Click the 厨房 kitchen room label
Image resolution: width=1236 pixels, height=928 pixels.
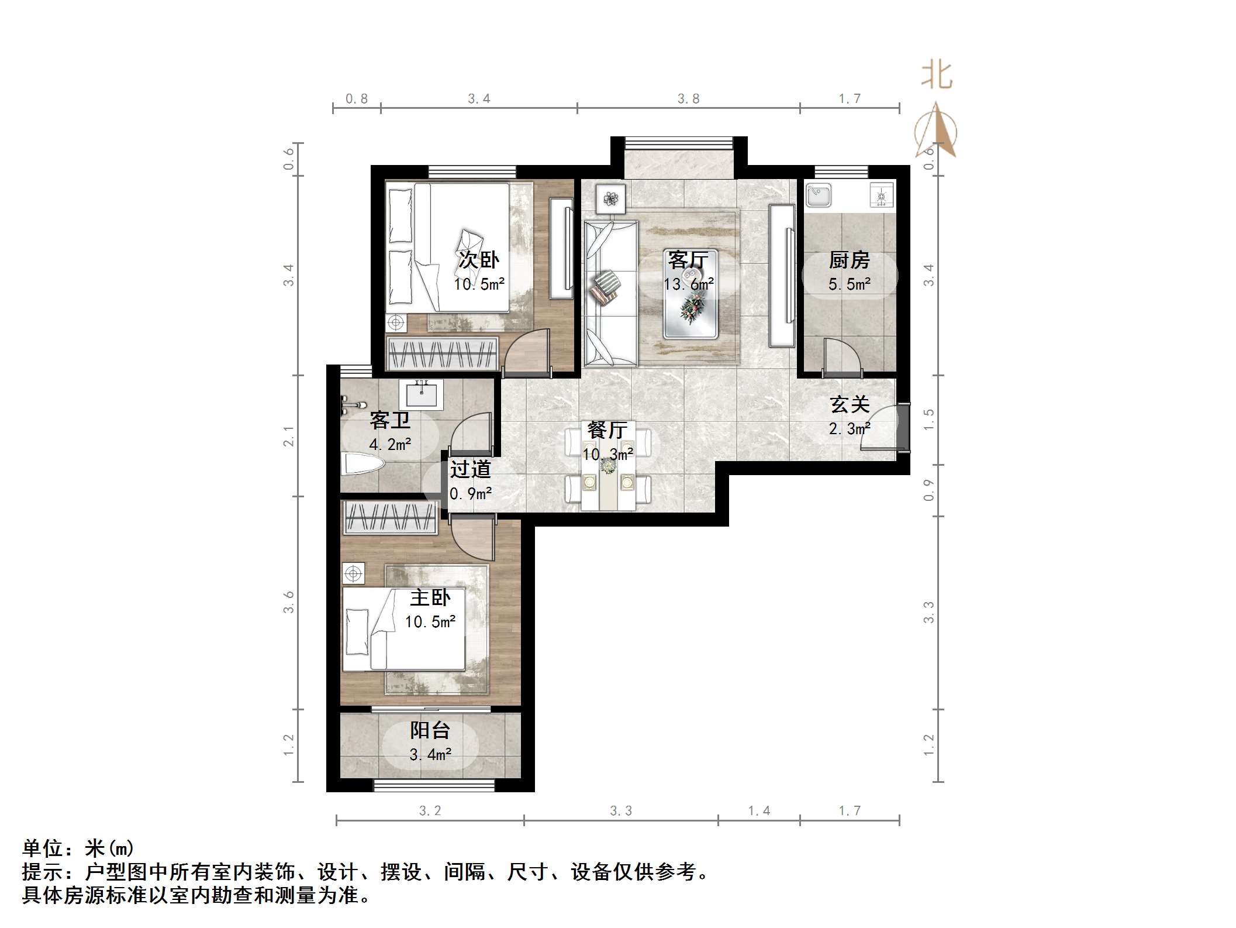point(849,260)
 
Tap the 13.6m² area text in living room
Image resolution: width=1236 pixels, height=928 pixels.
point(688,284)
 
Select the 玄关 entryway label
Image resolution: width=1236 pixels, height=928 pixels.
point(850,404)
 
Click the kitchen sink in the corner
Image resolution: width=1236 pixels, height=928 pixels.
point(819,195)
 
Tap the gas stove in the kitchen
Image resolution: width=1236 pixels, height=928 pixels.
point(881,195)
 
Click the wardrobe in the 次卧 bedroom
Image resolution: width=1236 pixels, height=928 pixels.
point(443,353)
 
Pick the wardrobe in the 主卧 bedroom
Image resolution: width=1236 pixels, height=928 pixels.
point(390,518)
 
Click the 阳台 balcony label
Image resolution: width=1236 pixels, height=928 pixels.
point(430,730)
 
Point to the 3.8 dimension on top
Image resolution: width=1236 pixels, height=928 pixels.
point(688,99)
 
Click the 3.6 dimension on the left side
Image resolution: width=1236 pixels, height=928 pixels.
point(289,602)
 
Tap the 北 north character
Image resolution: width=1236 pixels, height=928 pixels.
point(937,76)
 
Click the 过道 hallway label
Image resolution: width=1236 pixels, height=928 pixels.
point(470,469)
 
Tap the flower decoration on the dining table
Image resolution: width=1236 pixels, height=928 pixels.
point(609,466)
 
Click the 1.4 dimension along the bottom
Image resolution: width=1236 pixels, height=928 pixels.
point(759,811)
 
